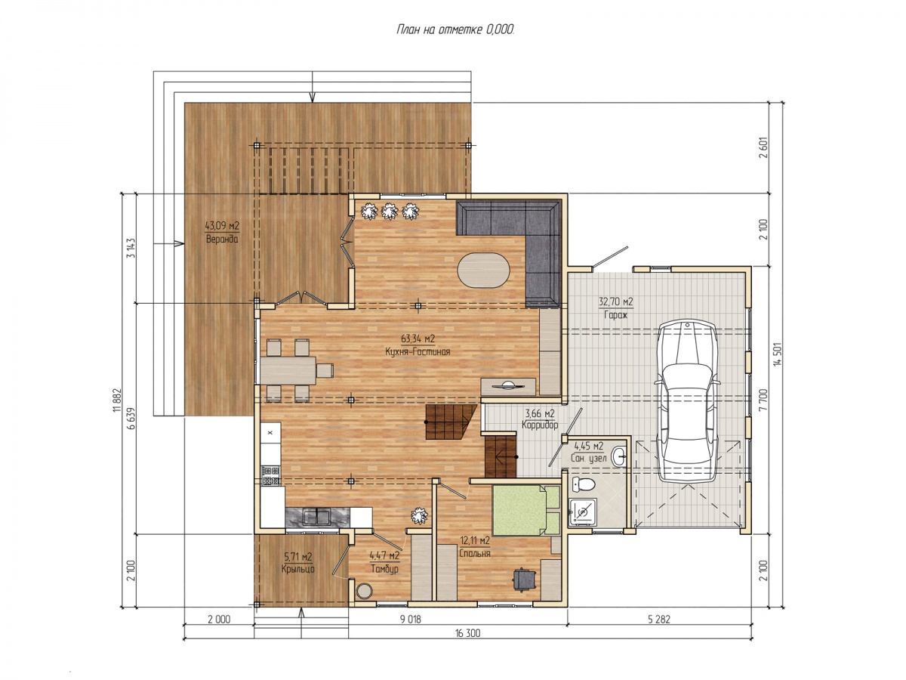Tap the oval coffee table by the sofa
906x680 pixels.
[x=483, y=270]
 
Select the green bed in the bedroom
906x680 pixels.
[x=525, y=510]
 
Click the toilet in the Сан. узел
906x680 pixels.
[x=583, y=484]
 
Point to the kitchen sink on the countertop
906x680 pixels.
[x=316, y=517]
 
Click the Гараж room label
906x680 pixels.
[x=615, y=315]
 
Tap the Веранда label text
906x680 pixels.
[x=222, y=239]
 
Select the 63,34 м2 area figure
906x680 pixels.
[x=418, y=338]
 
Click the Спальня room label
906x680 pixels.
[x=475, y=553]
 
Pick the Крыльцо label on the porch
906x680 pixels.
[x=297, y=569]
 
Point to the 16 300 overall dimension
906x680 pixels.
[x=467, y=633]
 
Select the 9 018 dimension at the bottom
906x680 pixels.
[x=410, y=620]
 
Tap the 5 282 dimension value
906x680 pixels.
[x=659, y=620]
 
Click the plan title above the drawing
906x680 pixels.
[x=455, y=29]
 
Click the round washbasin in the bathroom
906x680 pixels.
[x=618, y=457]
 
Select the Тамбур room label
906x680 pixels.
[x=384, y=569]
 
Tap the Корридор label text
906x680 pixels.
[x=540, y=425]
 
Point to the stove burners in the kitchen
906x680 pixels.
[x=270, y=476]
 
